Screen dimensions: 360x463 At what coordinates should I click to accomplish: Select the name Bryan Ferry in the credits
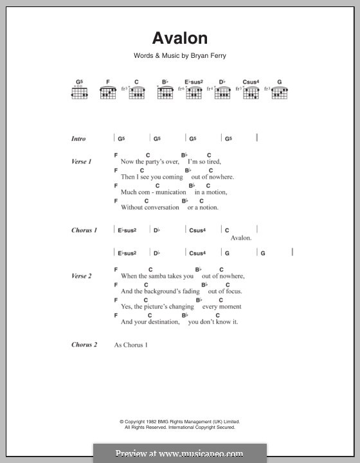[x=208, y=56]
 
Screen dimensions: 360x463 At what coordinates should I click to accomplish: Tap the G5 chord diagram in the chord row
[x=79, y=93]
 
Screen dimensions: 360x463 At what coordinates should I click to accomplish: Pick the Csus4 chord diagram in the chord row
[x=251, y=93]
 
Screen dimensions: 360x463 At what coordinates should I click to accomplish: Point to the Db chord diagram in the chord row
[x=222, y=93]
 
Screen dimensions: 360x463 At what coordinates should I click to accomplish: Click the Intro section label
[x=78, y=138]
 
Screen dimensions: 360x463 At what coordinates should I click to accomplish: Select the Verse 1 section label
[x=81, y=161]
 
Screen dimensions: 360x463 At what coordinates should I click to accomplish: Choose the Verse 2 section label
[x=81, y=276]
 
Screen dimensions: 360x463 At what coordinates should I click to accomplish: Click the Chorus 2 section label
[x=84, y=345]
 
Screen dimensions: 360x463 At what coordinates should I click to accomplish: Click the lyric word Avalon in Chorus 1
[x=240, y=238]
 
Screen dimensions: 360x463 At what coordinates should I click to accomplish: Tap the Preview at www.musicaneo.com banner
[x=179, y=453]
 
